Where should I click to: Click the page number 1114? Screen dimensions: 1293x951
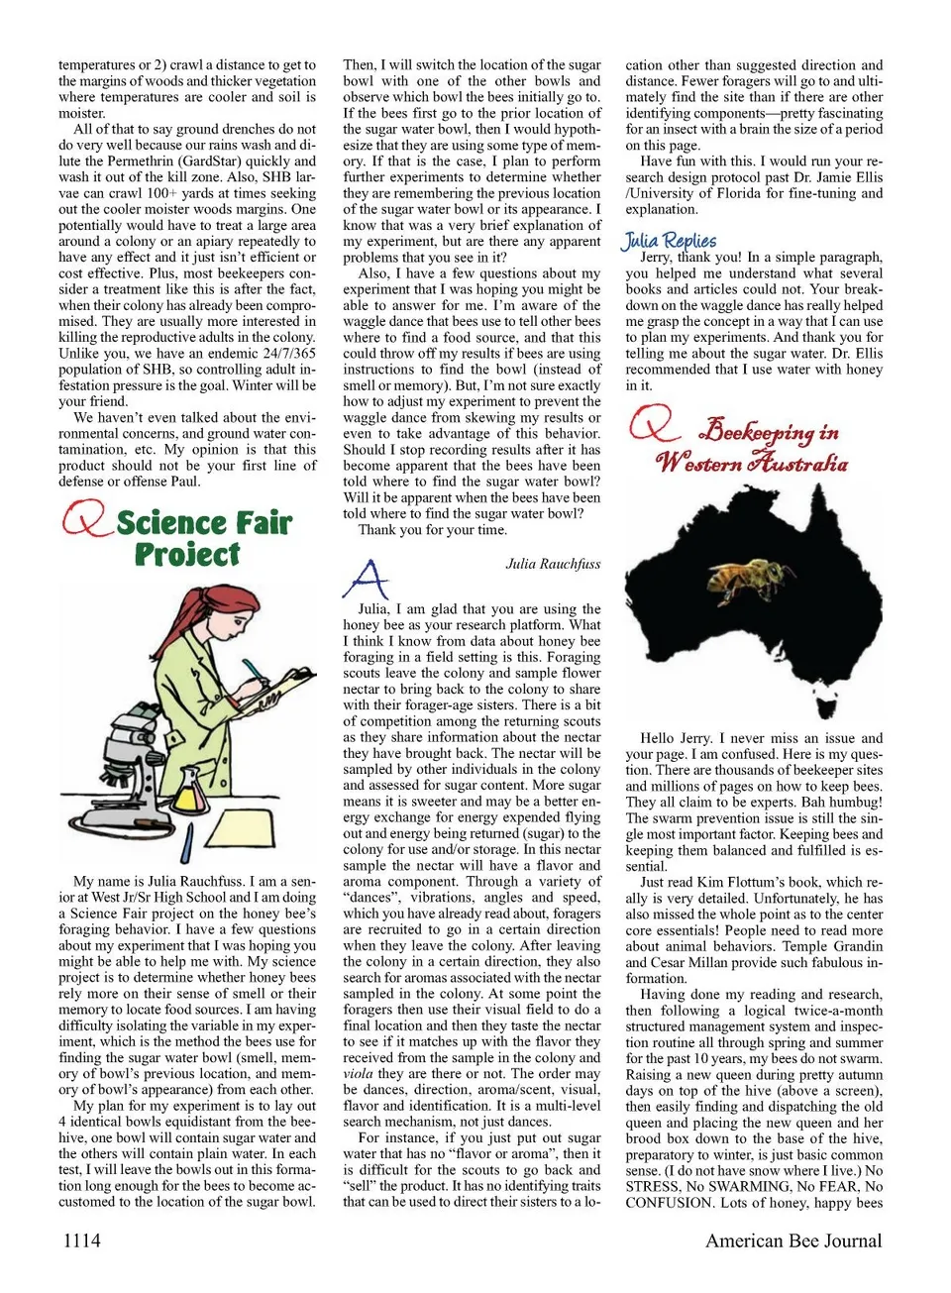[82, 1240]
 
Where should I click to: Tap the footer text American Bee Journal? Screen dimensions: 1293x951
[792, 1240]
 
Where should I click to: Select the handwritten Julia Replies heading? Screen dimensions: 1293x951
[670, 240]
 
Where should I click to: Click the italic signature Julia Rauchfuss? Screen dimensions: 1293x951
[553, 564]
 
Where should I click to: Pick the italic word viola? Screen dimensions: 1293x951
[359, 1074]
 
